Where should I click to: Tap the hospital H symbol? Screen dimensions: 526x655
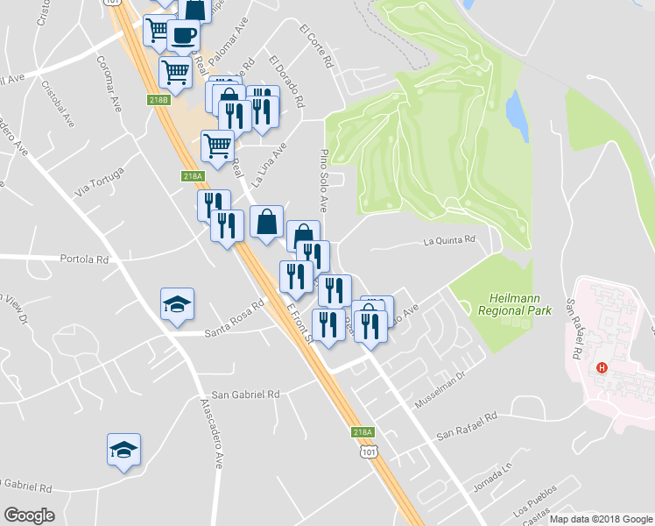[x=602, y=367]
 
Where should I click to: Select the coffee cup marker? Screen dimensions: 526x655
[x=183, y=36]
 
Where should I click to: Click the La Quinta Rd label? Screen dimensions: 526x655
[x=449, y=239]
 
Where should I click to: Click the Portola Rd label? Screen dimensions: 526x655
[x=84, y=259]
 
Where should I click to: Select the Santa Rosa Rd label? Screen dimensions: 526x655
[x=234, y=321]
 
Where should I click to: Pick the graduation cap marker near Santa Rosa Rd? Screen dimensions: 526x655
[x=177, y=304]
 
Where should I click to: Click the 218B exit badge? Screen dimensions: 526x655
[x=158, y=101]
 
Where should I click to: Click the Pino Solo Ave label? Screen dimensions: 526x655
[x=322, y=181]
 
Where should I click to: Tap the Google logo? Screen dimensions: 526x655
[x=29, y=515]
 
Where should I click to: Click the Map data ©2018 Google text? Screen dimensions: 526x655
[x=600, y=519]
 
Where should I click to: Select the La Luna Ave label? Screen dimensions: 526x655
[x=269, y=165]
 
